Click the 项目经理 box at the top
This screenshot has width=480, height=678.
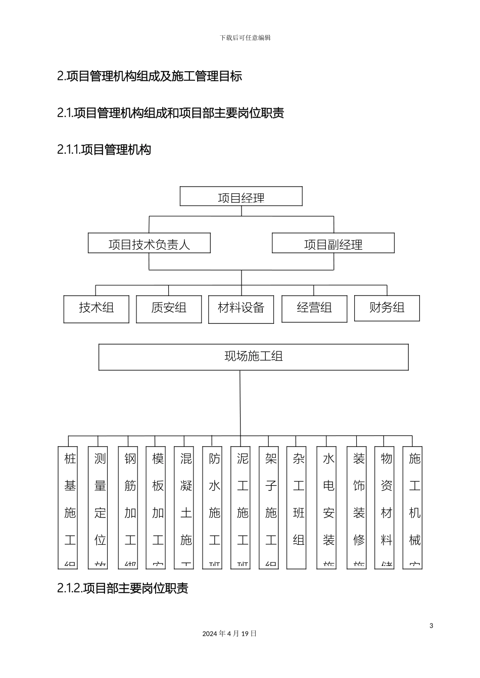[x=241, y=197]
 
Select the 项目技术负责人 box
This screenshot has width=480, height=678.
[x=149, y=243]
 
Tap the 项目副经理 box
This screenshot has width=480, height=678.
[x=333, y=243]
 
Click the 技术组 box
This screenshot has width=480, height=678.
[x=96, y=309]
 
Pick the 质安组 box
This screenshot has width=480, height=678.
[x=169, y=309]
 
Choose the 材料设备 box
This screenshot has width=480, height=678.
[x=241, y=309]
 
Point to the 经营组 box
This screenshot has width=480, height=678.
[x=314, y=309]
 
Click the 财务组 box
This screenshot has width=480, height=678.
[x=387, y=308]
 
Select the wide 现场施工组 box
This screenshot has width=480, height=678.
[x=253, y=357]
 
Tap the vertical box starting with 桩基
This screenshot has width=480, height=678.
[x=70, y=507]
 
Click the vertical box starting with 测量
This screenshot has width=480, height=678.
[x=100, y=507]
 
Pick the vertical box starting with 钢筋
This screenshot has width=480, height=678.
[x=130, y=507]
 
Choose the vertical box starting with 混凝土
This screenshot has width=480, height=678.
[x=186, y=507]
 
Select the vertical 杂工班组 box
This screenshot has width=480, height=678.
[x=299, y=507]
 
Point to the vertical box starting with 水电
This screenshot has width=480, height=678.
[x=328, y=507]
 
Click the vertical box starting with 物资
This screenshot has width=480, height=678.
[x=387, y=507]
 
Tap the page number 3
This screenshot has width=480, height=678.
[x=431, y=626]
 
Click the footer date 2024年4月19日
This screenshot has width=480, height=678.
[x=229, y=634]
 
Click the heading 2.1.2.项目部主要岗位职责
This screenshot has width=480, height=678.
[x=123, y=588]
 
